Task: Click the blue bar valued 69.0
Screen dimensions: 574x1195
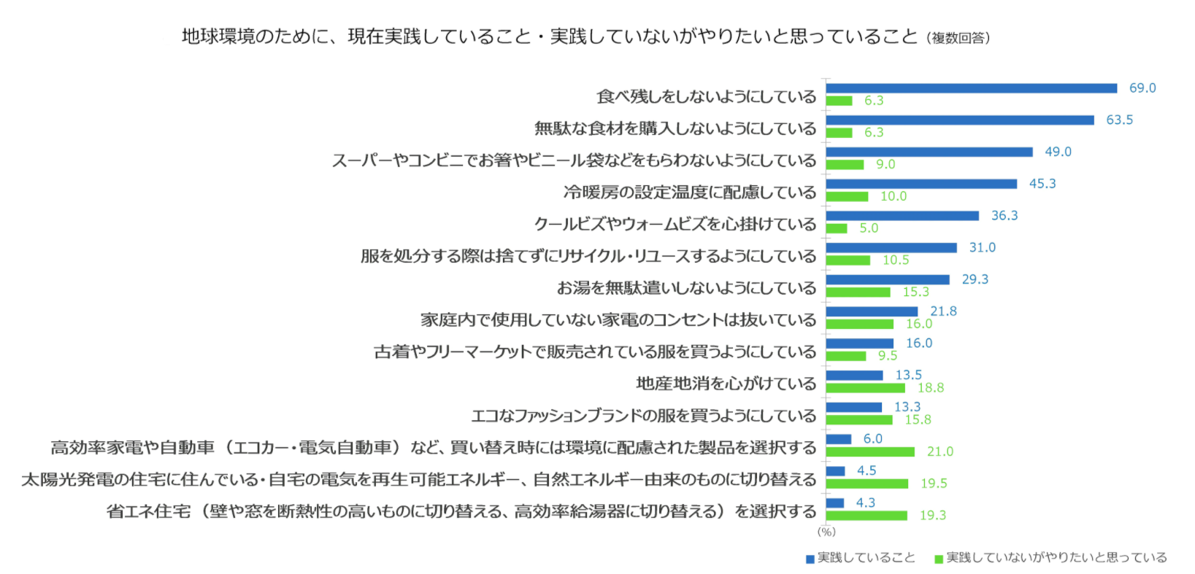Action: coord(971,88)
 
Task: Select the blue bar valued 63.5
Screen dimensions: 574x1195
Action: coord(960,120)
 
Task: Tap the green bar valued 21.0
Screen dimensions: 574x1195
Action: coord(870,452)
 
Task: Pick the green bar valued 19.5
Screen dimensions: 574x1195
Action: coord(867,484)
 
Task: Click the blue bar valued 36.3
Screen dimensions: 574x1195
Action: coord(902,216)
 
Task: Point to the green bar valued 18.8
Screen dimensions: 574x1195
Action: coord(866,388)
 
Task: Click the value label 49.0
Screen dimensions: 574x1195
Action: coord(1058,152)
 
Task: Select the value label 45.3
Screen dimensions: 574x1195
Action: coord(1042,184)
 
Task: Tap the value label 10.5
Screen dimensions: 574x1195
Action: coord(896,260)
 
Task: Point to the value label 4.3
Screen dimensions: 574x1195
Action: coord(865,503)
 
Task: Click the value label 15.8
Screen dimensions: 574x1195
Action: coord(918,419)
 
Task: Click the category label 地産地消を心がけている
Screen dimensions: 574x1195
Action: coord(726,384)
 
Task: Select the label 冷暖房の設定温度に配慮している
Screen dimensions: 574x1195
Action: coord(689,193)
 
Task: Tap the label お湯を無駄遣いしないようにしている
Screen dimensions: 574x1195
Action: coord(686,288)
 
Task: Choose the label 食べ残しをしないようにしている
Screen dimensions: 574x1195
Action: coord(706,97)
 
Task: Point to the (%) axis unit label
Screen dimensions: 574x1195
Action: coord(826,532)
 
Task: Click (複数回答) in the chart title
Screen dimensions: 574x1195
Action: coord(958,38)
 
